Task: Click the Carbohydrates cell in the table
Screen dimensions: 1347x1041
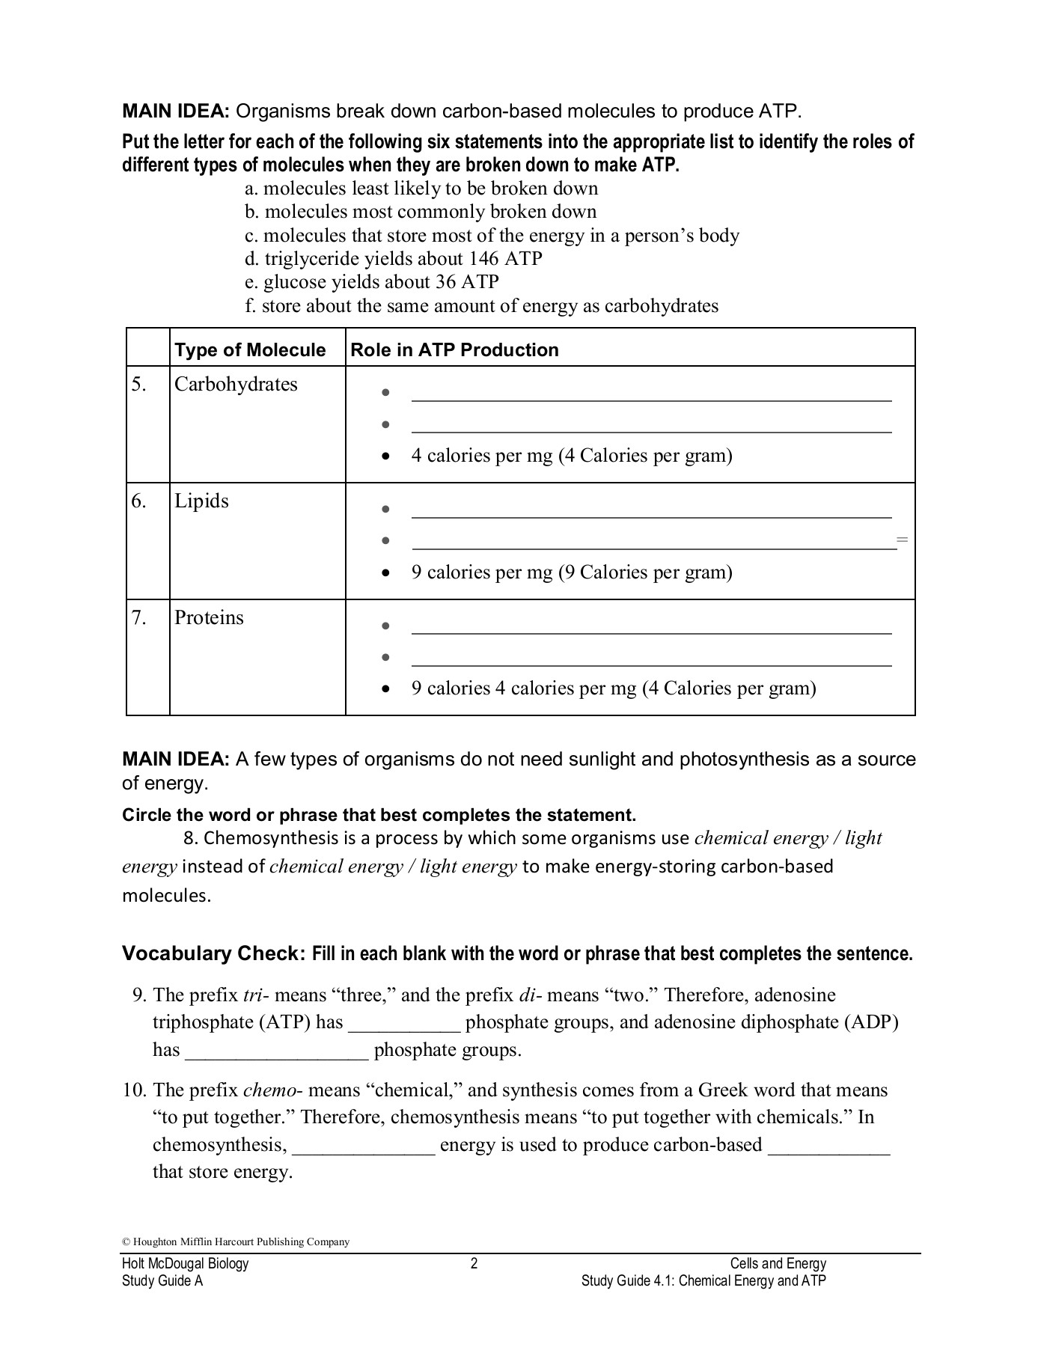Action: pyautogui.click(x=236, y=385)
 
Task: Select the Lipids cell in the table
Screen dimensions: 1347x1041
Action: pyautogui.click(x=201, y=501)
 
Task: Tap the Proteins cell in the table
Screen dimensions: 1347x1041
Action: pyautogui.click(x=209, y=618)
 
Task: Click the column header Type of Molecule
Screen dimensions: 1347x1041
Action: pyautogui.click(x=250, y=350)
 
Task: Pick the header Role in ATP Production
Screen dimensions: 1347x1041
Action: pyautogui.click(x=454, y=350)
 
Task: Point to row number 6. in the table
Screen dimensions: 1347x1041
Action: pyautogui.click(x=139, y=501)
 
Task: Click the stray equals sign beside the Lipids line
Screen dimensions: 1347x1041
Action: pyautogui.click(x=902, y=540)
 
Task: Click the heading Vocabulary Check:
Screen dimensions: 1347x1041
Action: pyautogui.click(x=214, y=954)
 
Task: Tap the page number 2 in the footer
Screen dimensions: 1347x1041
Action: pyautogui.click(x=474, y=1264)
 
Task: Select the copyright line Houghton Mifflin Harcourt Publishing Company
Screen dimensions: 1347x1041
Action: pyautogui.click(x=236, y=1241)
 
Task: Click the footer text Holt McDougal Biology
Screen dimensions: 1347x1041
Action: pyautogui.click(x=185, y=1264)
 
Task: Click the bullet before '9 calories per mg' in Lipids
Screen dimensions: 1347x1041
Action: pyautogui.click(x=385, y=574)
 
